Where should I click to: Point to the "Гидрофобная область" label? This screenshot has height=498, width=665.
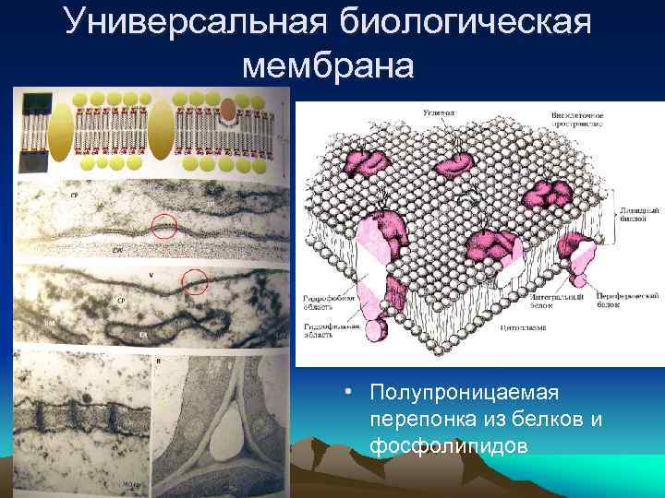328,305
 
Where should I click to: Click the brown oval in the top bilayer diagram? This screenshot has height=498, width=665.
227,112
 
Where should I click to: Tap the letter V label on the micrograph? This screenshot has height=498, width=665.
151,275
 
